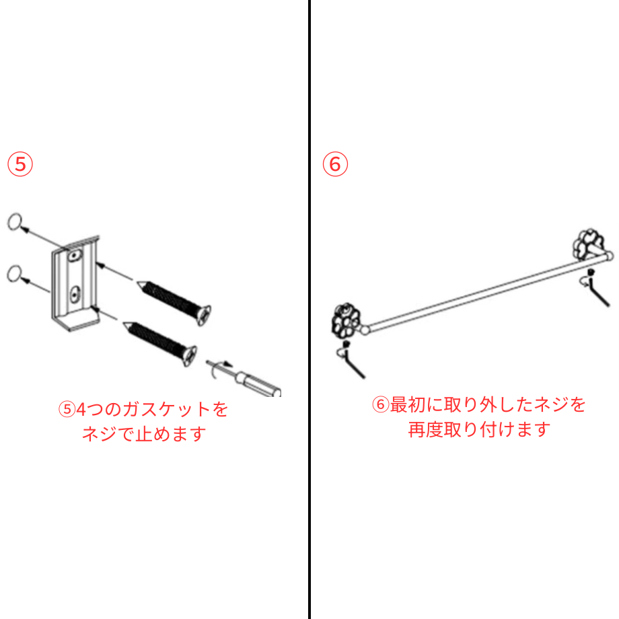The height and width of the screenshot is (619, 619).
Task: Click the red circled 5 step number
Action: tap(20, 164)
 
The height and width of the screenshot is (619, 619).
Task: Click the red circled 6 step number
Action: tap(335, 164)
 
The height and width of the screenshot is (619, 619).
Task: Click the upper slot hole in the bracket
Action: tap(75, 255)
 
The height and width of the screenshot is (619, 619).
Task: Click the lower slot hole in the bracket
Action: tap(75, 293)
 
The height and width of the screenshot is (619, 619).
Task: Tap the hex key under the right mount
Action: tap(597, 291)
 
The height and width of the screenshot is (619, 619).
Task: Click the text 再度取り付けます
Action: tap(479, 429)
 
